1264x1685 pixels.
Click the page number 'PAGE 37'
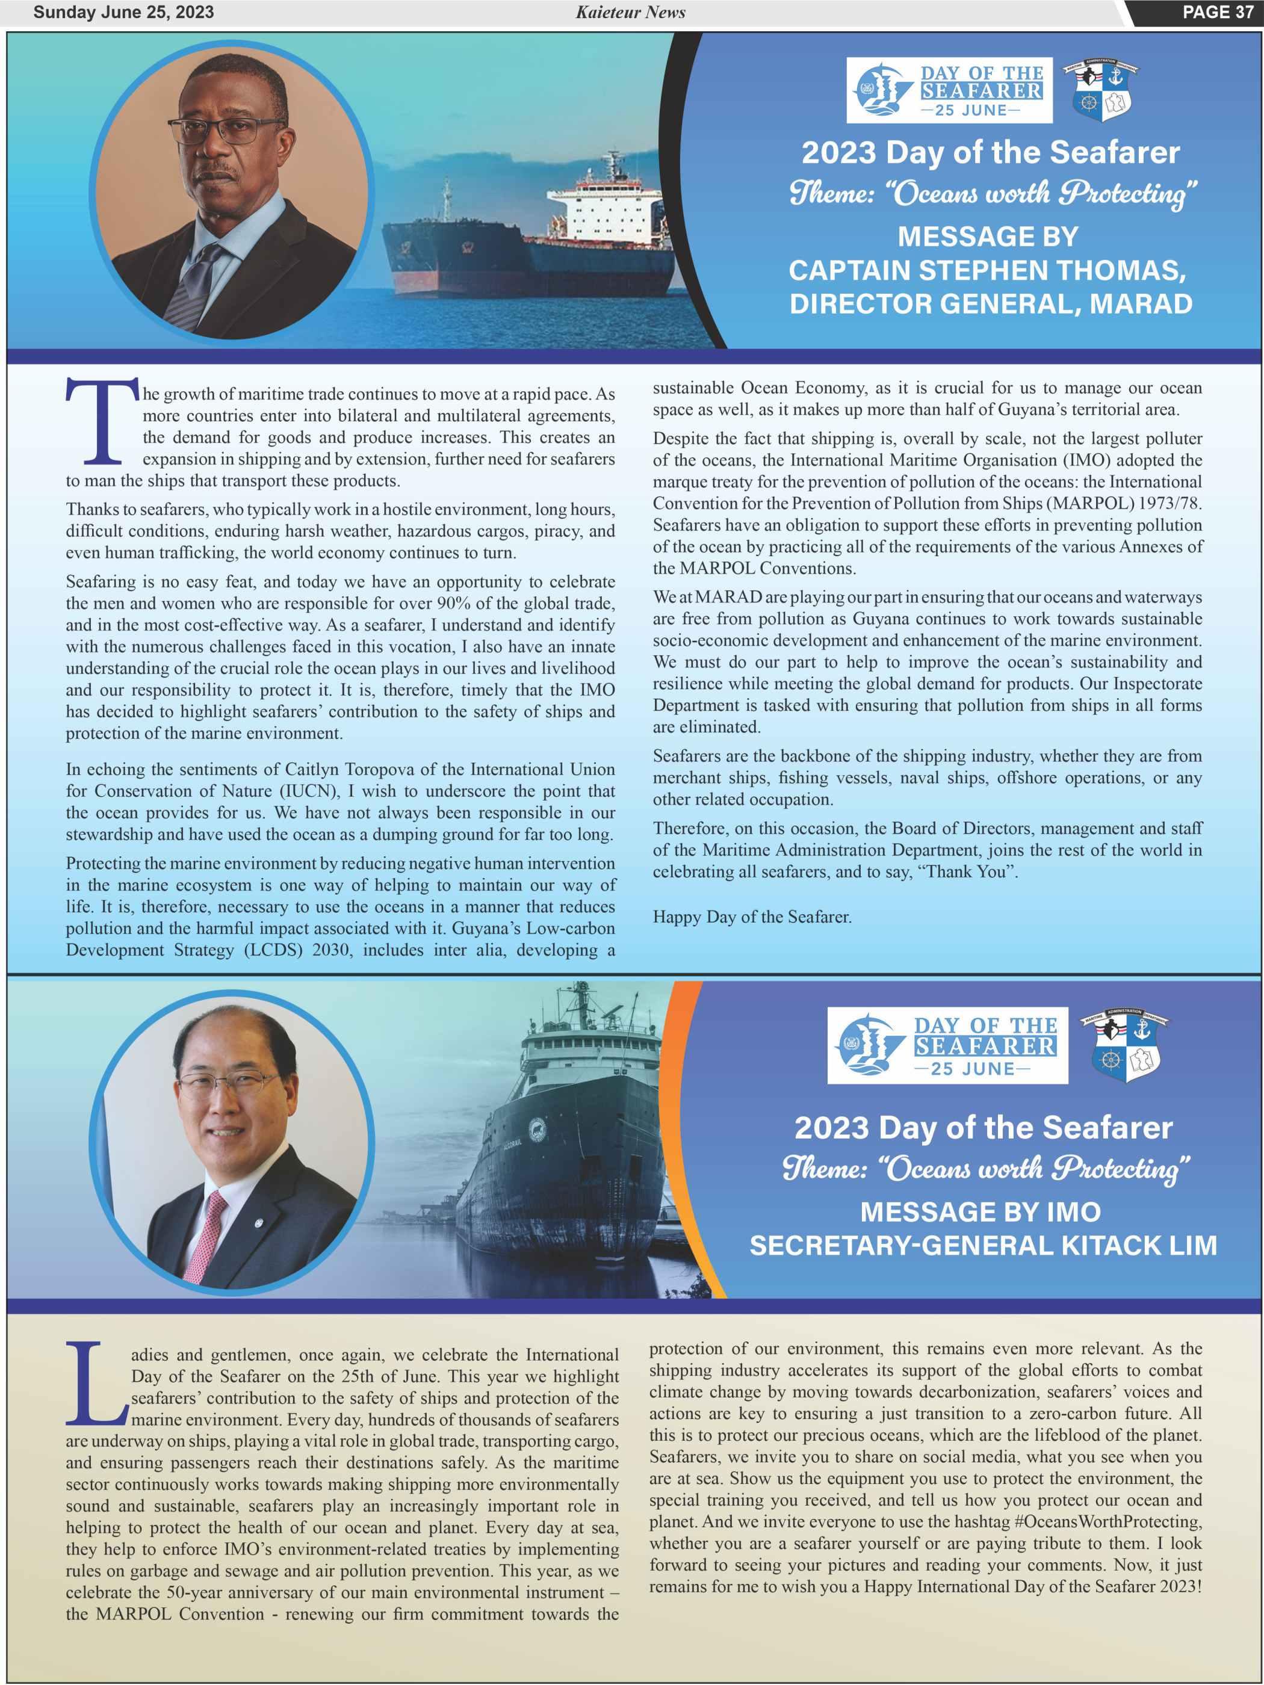[x=1217, y=12]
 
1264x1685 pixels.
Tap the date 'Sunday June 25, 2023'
[x=123, y=12]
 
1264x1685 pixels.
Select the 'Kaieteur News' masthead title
[x=630, y=12]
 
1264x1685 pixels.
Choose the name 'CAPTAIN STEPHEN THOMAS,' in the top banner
[x=987, y=270]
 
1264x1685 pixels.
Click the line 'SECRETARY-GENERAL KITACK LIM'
[x=983, y=1246]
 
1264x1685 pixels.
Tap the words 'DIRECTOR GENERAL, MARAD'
[x=991, y=303]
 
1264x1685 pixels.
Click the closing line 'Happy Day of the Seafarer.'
[x=752, y=917]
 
